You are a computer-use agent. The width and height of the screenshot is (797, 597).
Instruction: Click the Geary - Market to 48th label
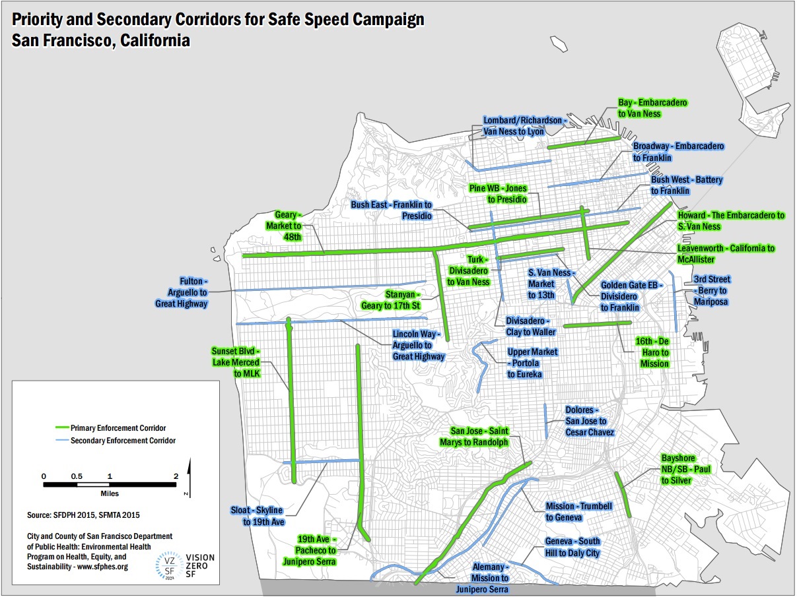click(288, 226)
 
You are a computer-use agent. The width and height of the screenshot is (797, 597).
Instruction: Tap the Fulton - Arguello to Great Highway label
click(182, 292)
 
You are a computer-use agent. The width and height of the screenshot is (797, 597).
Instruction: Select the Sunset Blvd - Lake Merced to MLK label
click(237, 361)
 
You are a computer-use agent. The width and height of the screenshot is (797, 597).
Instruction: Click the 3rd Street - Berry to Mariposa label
click(712, 290)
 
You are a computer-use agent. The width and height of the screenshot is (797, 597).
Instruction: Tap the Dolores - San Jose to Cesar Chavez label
click(590, 421)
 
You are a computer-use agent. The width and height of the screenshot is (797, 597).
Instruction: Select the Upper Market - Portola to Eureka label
click(532, 363)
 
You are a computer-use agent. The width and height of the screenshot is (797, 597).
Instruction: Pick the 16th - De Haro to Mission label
click(653, 352)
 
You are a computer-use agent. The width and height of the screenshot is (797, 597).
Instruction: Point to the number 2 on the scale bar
click(176, 476)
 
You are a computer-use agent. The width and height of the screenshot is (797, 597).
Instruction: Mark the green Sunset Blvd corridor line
click(291, 396)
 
